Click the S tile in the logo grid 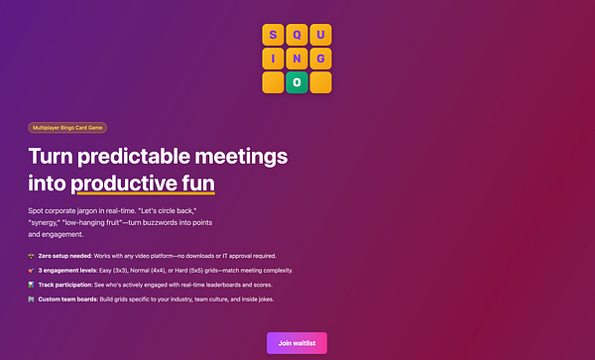[x=273, y=36]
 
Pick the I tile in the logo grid [x=273, y=59]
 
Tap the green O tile [x=296, y=82]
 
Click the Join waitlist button [x=297, y=343]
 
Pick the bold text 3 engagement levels [x=66, y=270]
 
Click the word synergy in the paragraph [x=46, y=223]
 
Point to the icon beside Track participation [x=32, y=285]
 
